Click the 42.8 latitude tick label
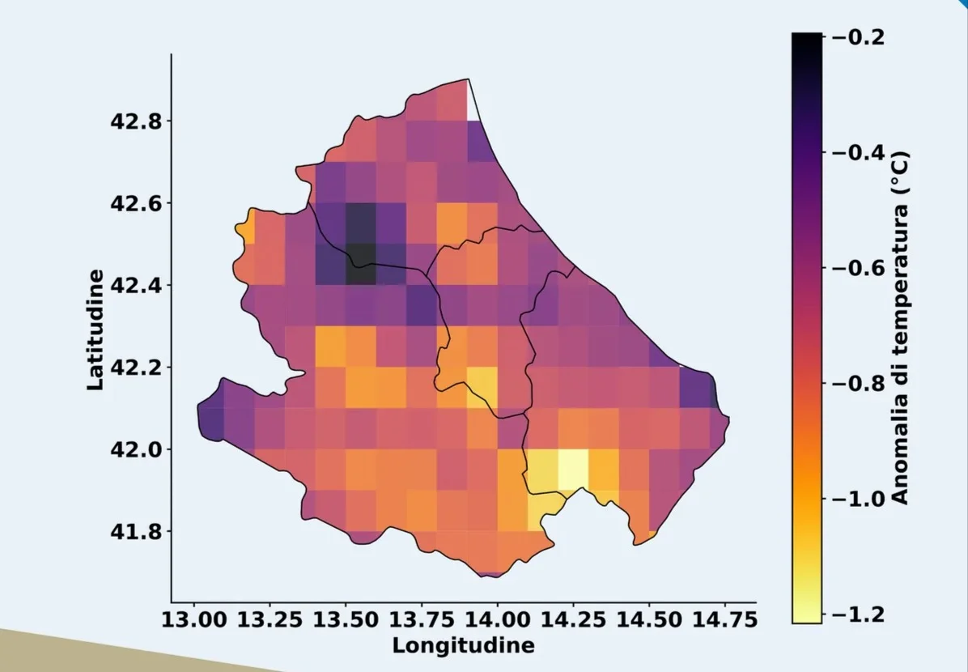pyautogui.click(x=136, y=121)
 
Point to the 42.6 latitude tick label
pyautogui.click(x=136, y=203)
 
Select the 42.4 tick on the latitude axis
pyautogui.click(x=136, y=285)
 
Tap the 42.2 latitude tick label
pyautogui.click(x=136, y=367)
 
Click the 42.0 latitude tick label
pyautogui.click(x=136, y=449)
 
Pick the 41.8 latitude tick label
pyautogui.click(x=136, y=531)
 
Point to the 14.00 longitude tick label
pyautogui.click(x=497, y=619)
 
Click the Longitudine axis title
pyautogui.click(x=463, y=645)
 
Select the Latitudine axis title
pyautogui.click(x=96, y=330)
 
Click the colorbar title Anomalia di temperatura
pyautogui.click(x=899, y=327)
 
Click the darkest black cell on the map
pyautogui.click(x=361, y=264)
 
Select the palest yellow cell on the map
pyautogui.click(x=573, y=469)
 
